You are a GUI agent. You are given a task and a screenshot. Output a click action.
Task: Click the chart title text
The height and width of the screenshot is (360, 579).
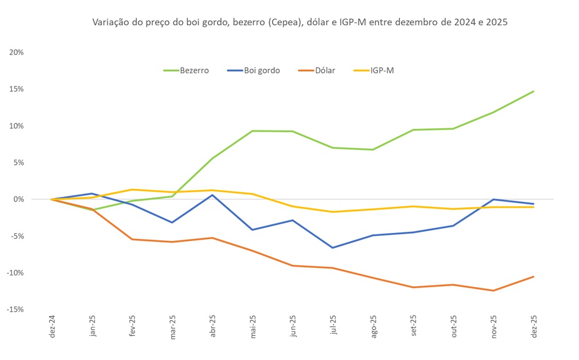300,23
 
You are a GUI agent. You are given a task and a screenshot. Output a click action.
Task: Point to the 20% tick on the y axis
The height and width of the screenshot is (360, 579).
16,52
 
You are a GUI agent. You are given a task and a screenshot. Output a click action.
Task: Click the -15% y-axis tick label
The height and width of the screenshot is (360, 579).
15,309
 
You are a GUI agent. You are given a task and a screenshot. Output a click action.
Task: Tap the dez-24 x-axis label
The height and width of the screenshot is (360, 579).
52,328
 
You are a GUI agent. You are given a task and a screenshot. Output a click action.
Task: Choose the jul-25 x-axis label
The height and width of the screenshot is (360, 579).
333,328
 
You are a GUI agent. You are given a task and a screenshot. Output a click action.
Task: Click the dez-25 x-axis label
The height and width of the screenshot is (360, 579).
534,328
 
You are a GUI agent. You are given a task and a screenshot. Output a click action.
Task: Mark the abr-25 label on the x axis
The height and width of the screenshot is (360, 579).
212,328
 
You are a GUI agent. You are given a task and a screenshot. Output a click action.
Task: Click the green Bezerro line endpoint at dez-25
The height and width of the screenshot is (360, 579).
534,91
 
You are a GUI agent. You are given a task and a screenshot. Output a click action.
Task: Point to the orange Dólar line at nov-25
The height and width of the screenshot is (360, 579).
493,291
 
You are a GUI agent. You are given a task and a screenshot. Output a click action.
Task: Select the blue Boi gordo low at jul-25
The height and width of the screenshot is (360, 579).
333,248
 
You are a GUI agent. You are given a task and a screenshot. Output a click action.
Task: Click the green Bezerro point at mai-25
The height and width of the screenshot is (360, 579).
253,131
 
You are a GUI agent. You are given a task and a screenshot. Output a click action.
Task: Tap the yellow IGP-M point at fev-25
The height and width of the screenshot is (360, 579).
132,189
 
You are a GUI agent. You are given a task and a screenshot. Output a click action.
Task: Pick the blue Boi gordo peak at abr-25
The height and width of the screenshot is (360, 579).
212,195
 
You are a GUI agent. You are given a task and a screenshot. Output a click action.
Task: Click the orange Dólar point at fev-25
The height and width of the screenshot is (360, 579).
132,239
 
